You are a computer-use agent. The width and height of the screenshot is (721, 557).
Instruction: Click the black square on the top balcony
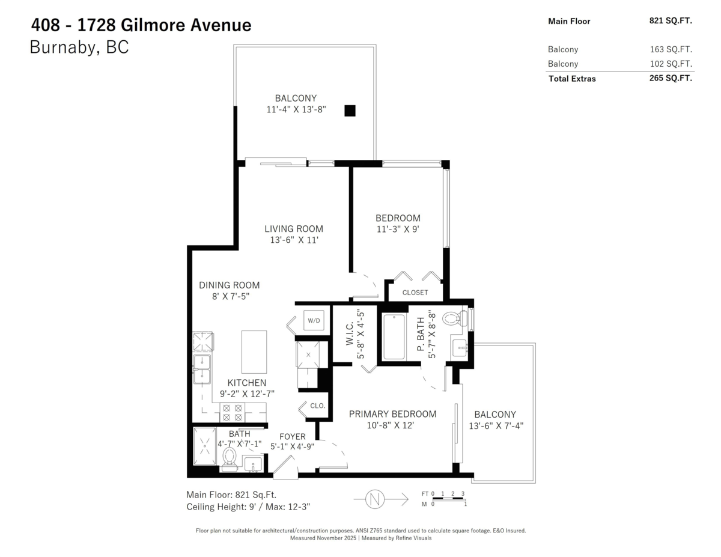(x=350, y=111)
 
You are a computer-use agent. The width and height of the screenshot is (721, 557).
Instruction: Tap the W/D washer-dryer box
(x=314, y=320)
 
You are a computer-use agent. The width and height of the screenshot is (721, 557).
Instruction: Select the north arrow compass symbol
(x=376, y=498)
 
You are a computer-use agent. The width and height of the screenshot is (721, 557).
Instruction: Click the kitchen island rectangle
(x=254, y=352)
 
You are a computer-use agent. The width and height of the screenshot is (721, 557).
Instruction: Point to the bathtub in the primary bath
(x=394, y=337)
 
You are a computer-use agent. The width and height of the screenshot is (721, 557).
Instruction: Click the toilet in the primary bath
(x=454, y=318)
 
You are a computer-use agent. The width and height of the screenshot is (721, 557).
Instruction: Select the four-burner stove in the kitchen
(x=232, y=412)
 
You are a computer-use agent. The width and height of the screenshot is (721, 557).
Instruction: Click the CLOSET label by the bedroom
(x=415, y=293)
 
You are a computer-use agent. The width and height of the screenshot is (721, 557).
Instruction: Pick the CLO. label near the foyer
(x=317, y=406)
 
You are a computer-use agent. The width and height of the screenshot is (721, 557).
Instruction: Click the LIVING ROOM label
(x=294, y=229)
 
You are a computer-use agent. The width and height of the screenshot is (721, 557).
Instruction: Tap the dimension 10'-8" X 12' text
(x=391, y=425)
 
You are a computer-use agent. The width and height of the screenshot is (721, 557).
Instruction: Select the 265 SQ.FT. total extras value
(x=670, y=78)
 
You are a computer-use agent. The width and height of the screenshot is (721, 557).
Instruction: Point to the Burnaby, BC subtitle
(x=79, y=47)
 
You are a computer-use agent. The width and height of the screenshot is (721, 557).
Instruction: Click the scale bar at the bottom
(x=448, y=499)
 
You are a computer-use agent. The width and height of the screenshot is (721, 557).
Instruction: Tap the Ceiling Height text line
(x=248, y=507)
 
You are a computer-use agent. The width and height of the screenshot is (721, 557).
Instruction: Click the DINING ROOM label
(x=230, y=285)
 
